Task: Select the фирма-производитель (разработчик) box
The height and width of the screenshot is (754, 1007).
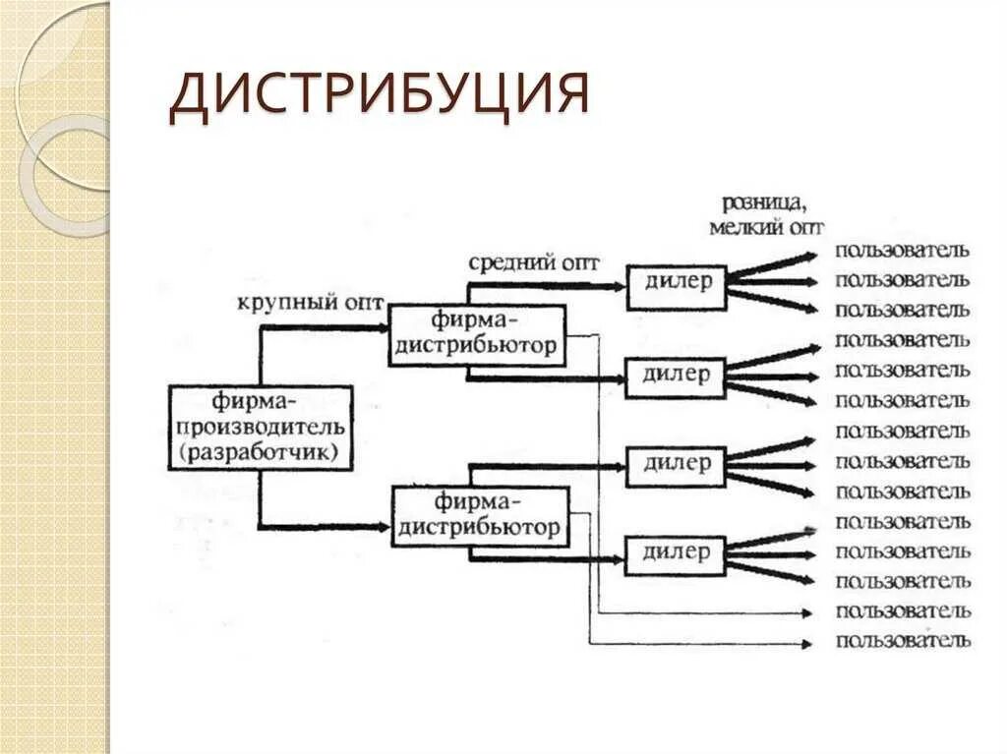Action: coord(260,428)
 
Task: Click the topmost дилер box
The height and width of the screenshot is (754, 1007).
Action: coord(677,283)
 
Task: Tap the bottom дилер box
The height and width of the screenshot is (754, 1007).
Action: coord(677,553)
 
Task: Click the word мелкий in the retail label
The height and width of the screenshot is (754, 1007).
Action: coord(742,227)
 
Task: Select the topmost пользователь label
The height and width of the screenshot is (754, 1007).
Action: coord(903,250)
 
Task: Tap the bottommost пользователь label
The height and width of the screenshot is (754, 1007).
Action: coord(903,642)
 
